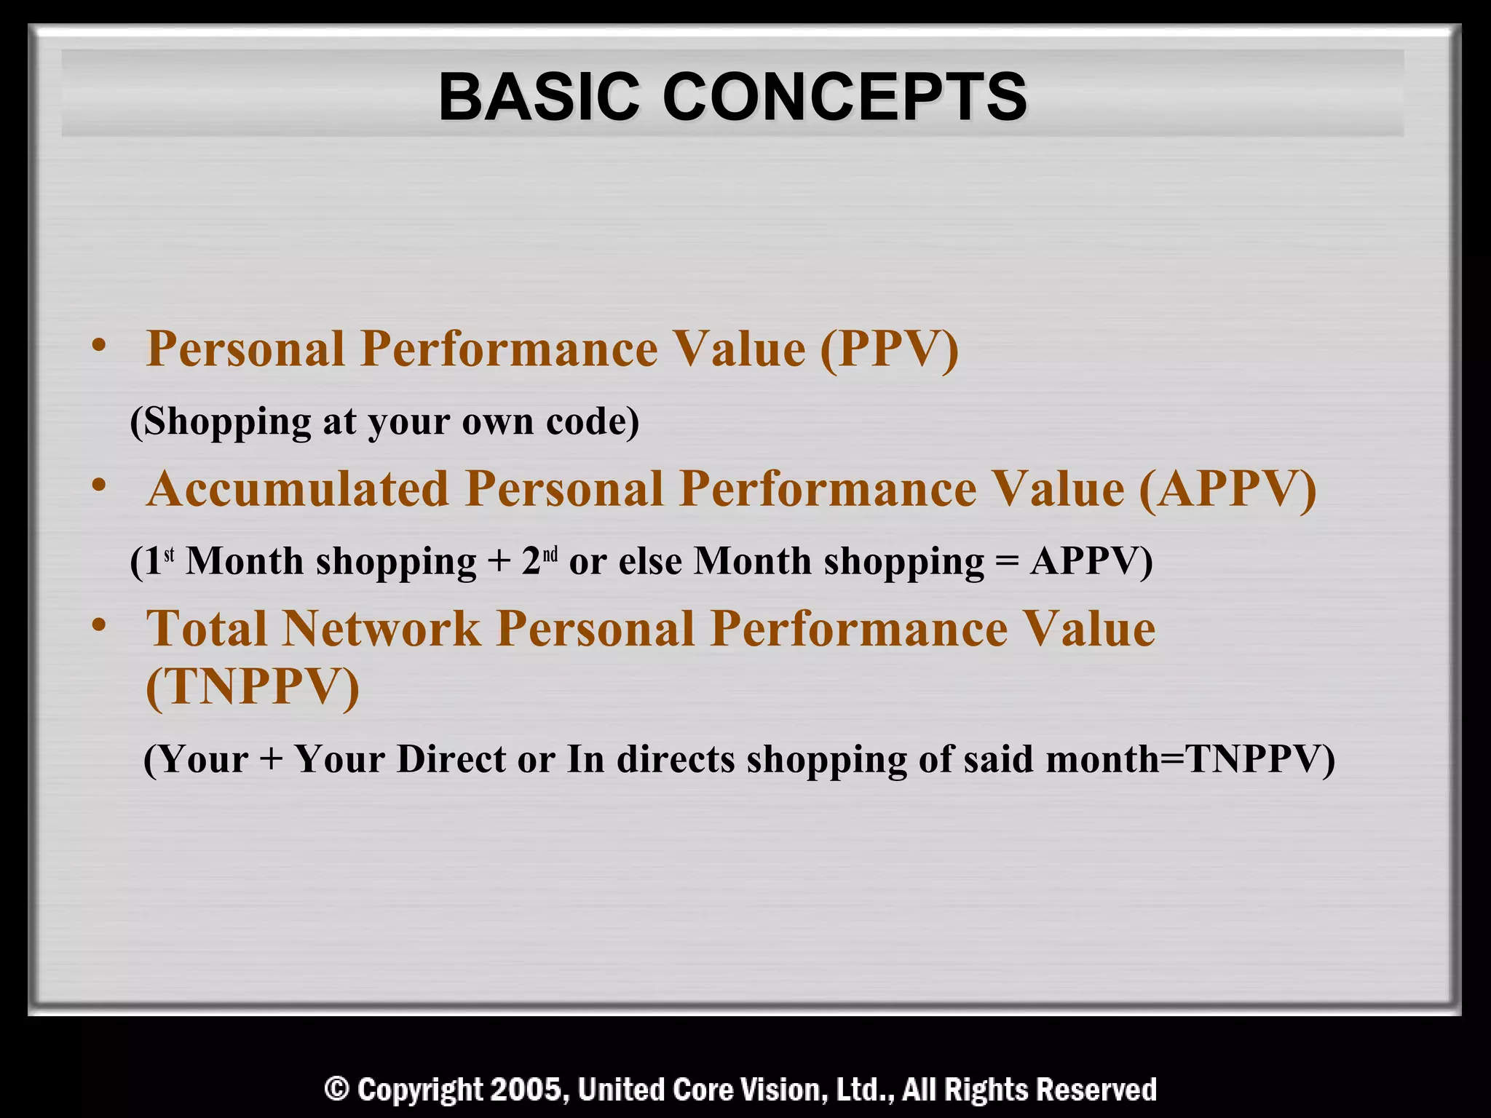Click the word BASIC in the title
(539, 98)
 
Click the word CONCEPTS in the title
(845, 98)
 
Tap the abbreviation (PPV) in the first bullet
(889, 349)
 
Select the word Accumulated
(298, 488)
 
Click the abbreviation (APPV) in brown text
(1227, 488)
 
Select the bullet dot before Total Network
(100, 625)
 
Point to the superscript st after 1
(169, 556)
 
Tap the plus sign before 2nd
(499, 563)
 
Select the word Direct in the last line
(451, 759)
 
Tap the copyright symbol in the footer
(336, 1090)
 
